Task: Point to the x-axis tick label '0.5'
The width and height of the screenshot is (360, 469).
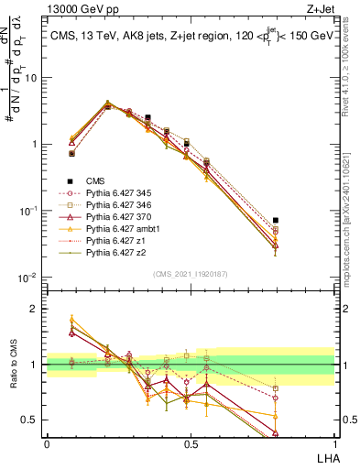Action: click(x=191, y=444)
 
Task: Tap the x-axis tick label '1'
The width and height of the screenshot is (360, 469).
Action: click(x=334, y=444)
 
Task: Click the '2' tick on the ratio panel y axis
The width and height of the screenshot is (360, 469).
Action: click(x=36, y=309)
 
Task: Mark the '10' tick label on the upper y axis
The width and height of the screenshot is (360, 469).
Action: click(x=31, y=78)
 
